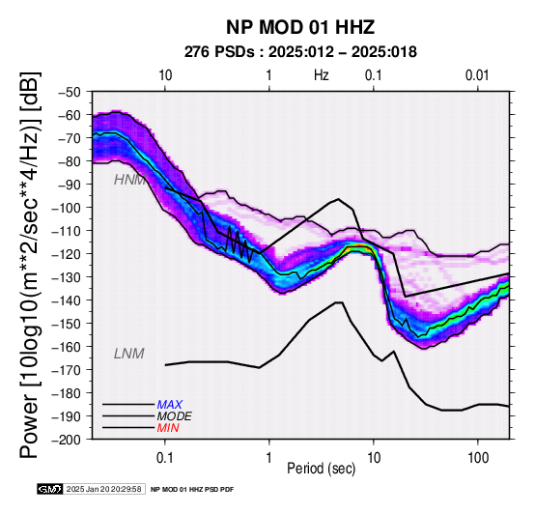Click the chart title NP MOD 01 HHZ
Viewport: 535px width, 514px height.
(x=300, y=27)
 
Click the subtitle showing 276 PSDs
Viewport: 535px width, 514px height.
(x=300, y=52)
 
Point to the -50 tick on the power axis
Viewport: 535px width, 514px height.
(x=69, y=92)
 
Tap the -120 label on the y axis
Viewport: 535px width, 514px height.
(x=66, y=254)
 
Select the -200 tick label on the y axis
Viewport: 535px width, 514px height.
(x=66, y=440)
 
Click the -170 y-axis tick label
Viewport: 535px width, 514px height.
(x=66, y=370)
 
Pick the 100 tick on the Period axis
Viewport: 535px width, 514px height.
(x=478, y=458)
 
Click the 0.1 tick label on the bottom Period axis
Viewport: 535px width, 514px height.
(x=165, y=458)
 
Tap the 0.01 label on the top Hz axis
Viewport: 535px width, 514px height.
(x=477, y=75)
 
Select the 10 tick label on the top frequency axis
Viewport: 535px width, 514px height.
(x=165, y=75)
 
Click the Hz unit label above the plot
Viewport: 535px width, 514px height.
(x=322, y=75)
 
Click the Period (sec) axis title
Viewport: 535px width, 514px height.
(x=321, y=469)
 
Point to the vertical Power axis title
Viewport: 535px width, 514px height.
(x=29, y=265)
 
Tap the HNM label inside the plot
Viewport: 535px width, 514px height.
(x=129, y=180)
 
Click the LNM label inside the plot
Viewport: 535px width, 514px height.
(x=129, y=354)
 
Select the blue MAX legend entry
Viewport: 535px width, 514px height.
(x=170, y=405)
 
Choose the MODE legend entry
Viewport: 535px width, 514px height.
(x=175, y=416)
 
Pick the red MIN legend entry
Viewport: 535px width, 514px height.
(x=168, y=428)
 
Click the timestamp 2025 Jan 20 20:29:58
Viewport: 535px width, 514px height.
(x=103, y=489)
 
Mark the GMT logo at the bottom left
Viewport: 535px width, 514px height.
(x=50, y=489)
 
